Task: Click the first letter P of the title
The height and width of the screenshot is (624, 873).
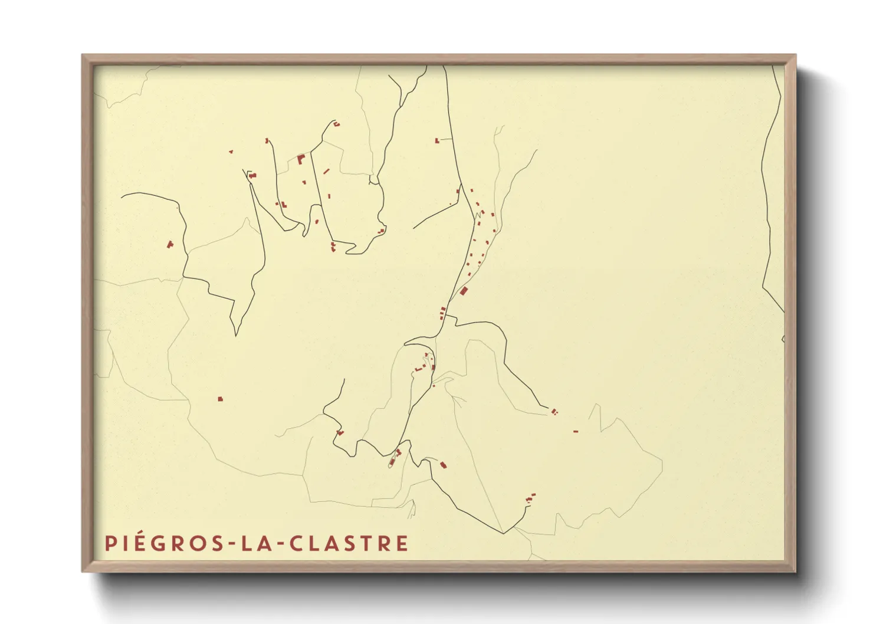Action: pos(110,543)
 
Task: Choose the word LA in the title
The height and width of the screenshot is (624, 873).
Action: pos(255,543)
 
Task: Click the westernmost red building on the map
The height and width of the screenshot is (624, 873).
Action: pos(170,244)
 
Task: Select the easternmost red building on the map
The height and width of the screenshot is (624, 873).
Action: pos(576,432)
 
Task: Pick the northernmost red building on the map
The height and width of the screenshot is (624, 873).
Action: pos(336,124)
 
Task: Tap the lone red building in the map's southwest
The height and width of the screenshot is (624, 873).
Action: pos(221,399)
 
